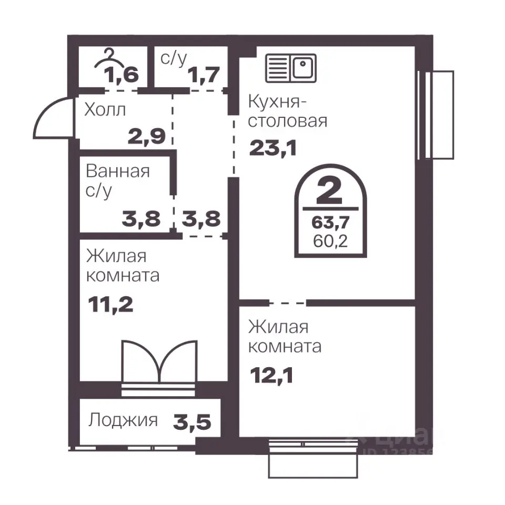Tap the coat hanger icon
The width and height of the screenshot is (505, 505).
click(109, 59)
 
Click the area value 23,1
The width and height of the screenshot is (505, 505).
click(273, 148)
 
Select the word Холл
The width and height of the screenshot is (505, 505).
click(105, 110)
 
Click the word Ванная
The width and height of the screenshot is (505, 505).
click(118, 171)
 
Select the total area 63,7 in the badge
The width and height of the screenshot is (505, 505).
click(330, 222)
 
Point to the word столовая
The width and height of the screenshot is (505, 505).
click(287, 122)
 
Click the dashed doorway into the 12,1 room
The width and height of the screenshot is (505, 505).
click(287, 303)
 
